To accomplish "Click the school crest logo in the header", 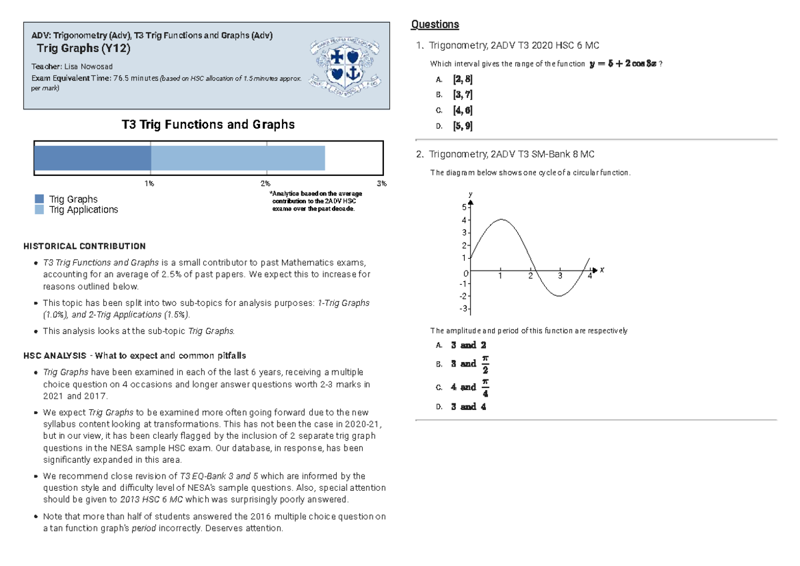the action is click(345, 67).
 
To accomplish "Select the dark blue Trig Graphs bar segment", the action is click(93, 158).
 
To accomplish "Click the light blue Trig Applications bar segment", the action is click(238, 158).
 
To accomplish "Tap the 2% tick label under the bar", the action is click(265, 183).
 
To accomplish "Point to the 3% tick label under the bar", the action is click(382, 183).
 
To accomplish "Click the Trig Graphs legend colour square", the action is click(39, 199).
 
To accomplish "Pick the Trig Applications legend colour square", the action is click(39, 209).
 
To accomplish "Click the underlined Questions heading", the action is click(435, 24).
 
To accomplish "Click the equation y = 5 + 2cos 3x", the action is click(623, 63).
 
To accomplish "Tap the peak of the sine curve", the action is click(501, 219).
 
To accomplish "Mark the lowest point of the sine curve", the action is click(559, 296).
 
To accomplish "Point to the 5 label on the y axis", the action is click(464, 207).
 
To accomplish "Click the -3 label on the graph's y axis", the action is click(463, 309).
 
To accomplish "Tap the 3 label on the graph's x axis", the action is click(560, 276).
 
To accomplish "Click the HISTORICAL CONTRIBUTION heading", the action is click(85, 247).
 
